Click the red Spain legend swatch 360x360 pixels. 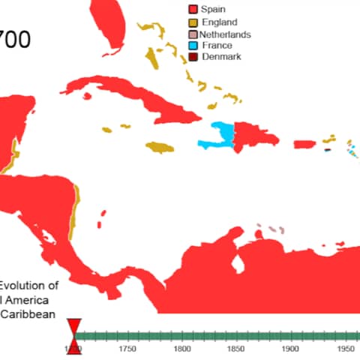click(x=193, y=9)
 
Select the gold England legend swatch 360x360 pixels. click(x=193, y=22)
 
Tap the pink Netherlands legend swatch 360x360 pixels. click(x=193, y=34)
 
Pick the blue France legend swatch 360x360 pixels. click(x=193, y=46)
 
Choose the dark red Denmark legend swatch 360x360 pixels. click(x=193, y=57)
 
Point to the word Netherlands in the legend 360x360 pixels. click(x=225, y=34)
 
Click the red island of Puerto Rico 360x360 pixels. click(x=303, y=144)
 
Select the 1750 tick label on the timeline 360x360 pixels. click(x=127, y=349)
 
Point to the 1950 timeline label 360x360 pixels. click(x=343, y=349)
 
